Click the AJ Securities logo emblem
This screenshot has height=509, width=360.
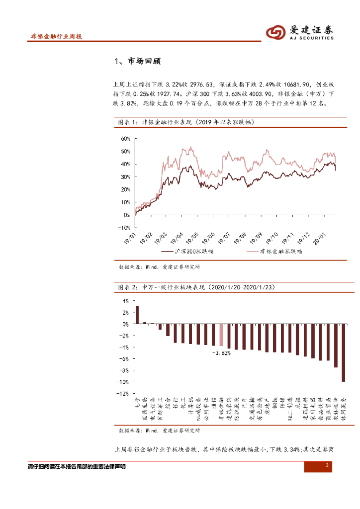click(x=274, y=32)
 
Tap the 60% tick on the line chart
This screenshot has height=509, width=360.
click(x=124, y=139)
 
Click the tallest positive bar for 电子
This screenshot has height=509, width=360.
click(x=137, y=315)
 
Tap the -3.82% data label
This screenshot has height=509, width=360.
click(x=221, y=352)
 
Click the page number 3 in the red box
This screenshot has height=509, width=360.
click(x=327, y=466)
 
